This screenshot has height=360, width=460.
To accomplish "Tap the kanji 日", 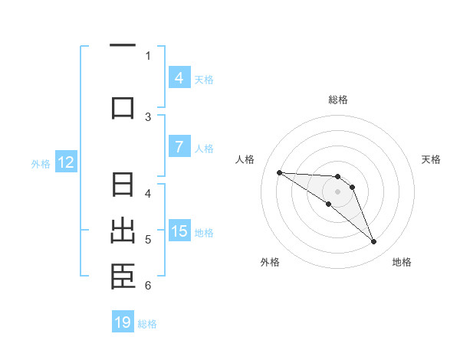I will click(x=123, y=185).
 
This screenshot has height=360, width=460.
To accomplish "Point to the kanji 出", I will click(x=123, y=231).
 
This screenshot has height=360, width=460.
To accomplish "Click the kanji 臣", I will click(x=123, y=277).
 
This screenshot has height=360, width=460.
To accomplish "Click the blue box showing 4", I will click(x=179, y=77).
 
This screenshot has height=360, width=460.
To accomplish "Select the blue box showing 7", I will click(x=179, y=147).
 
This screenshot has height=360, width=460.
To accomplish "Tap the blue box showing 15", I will click(x=179, y=231).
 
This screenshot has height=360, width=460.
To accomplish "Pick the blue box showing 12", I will click(x=65, y=162).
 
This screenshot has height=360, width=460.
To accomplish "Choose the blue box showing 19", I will click(x=123, y=322).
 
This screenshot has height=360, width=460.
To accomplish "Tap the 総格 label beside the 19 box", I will click(x=147, y=323).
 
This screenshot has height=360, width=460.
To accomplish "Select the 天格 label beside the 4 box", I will click(x=204, y=79).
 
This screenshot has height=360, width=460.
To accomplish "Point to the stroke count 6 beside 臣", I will click(x=147, y=286).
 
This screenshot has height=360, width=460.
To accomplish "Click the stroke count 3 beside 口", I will click(x=148, y=116).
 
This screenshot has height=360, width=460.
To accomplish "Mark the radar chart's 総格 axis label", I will click(x=337, y=100).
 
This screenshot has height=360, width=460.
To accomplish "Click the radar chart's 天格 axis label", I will click(x=432, y=159).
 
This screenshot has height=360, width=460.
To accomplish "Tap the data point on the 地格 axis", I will click(x=373, y=242).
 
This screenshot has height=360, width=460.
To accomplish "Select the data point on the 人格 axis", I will click(x=279, y=172).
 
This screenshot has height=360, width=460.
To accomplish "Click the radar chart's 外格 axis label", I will click(x=269, y=262).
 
